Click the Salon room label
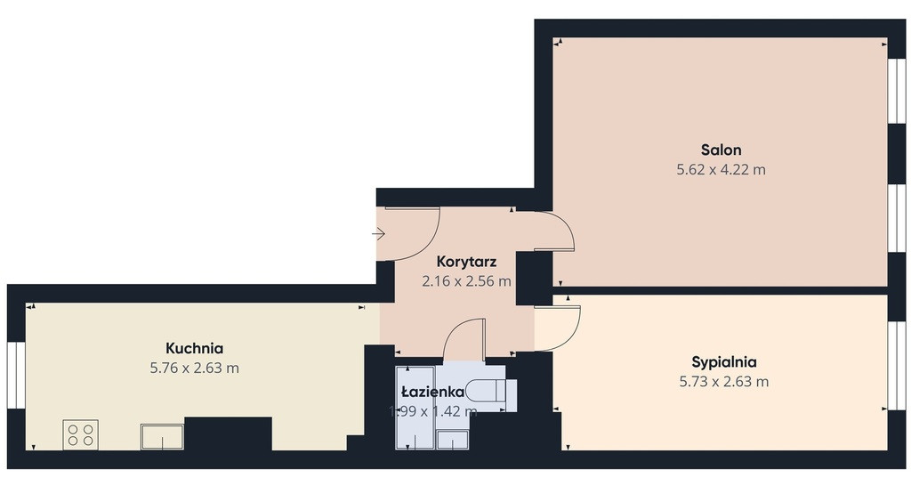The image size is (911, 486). (721, 150)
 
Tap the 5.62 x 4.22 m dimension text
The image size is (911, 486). (721, 170)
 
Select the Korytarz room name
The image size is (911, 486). (466, 262)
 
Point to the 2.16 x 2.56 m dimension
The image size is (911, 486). (466, 281)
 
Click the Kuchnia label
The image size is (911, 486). (195, 348)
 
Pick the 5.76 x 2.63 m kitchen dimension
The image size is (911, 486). (195, 368)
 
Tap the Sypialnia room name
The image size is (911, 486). (724, 362)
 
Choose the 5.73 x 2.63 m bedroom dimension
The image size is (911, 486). (724, 382)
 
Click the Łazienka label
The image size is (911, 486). (433, 392)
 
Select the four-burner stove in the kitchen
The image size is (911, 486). (80, 434)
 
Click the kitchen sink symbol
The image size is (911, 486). (162, 436)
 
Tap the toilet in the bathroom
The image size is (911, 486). (491, 390)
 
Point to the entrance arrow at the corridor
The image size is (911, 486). (378, 234)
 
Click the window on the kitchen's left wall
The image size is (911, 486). (16, 376)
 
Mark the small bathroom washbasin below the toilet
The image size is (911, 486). (453, 440)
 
